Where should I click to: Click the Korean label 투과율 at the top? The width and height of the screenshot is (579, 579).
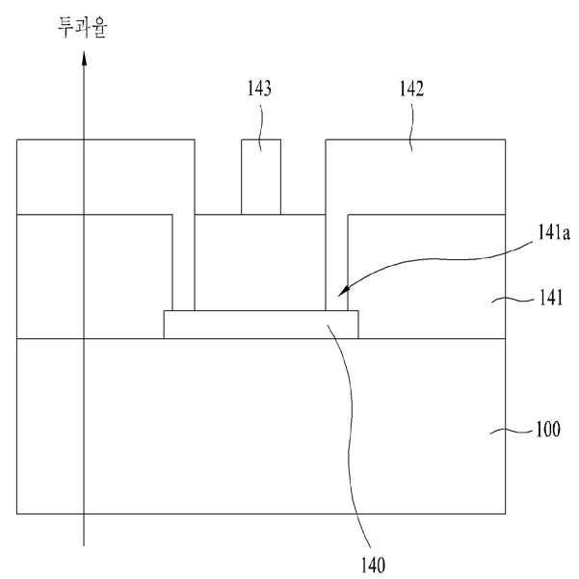point(82,28)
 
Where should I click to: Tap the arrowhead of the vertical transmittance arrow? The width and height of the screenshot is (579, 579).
point(84,59)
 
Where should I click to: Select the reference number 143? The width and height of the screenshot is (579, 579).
point(259,89)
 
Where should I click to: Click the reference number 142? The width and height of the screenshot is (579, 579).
point(411,89)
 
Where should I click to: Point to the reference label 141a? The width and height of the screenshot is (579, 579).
point(553,232)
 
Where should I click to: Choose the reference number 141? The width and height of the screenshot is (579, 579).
point(551,298)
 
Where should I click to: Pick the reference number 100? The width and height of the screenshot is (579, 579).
point(548,429)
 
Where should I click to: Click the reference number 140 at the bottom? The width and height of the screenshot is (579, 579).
point(373,566)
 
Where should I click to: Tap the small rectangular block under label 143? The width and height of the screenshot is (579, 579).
point(261,177)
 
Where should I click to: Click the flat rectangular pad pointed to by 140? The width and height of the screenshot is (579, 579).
point(261,325)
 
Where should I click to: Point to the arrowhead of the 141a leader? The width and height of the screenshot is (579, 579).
point(343,291)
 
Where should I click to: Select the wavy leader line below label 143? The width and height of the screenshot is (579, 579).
point(261,128)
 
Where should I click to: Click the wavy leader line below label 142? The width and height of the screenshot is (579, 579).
point(411,128)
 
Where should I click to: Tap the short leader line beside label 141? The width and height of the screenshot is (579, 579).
point(513,301)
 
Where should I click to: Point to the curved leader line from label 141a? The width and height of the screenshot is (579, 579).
point(435,259)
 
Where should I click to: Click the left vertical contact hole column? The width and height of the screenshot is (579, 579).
point(183,262)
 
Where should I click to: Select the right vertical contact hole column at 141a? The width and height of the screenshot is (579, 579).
point(336,262)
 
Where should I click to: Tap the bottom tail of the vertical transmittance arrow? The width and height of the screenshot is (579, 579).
point(84,545)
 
